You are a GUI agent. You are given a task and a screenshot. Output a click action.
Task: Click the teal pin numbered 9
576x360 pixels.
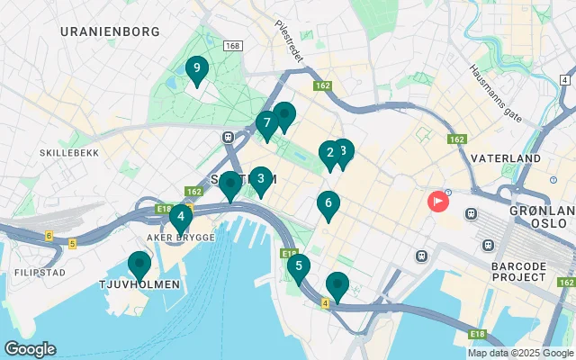196,68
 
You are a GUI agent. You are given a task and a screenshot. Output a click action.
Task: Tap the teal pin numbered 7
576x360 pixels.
266,123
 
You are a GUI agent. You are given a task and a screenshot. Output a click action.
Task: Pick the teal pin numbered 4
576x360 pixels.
181,216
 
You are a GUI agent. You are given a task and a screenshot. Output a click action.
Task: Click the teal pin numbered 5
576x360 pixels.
298,266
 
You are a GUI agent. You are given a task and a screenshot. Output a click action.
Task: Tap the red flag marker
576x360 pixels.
437,201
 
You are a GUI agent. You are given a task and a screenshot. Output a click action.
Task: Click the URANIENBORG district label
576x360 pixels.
110,31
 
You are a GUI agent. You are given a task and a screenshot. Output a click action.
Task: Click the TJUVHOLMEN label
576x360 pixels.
139,284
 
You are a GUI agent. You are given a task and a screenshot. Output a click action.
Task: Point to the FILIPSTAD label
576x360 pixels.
39,272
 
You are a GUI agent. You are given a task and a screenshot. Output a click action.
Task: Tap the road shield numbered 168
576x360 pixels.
233,46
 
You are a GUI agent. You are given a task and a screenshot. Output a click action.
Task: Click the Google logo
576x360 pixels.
30,349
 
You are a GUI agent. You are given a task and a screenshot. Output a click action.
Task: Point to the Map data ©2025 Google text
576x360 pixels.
519,353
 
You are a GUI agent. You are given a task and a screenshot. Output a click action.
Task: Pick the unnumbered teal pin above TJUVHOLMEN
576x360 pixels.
139,265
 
